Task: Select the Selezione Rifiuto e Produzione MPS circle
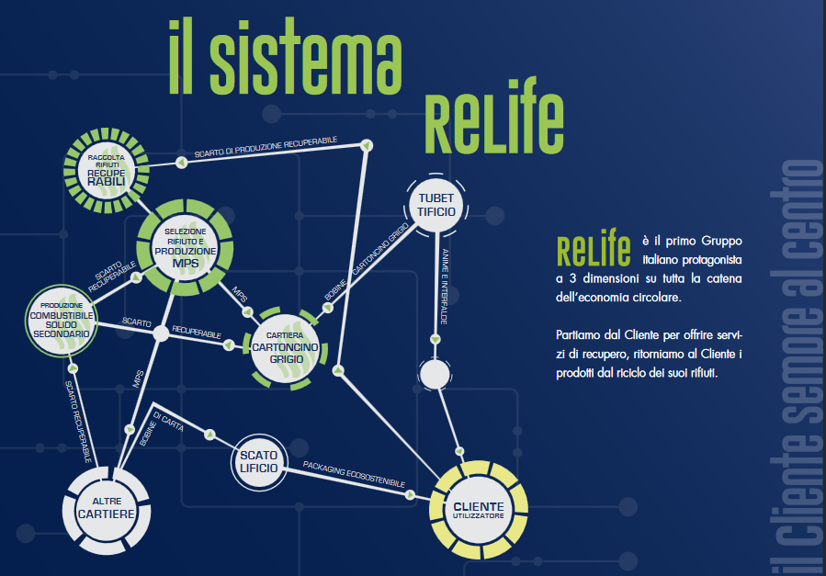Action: click(186, 246)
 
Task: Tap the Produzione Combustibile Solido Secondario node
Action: click(61, 319)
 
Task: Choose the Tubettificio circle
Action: click(436, 206)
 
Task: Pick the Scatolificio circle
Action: click(258, 462)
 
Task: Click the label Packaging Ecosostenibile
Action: click(354, 480)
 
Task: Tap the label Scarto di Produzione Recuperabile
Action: click(266, 147)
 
